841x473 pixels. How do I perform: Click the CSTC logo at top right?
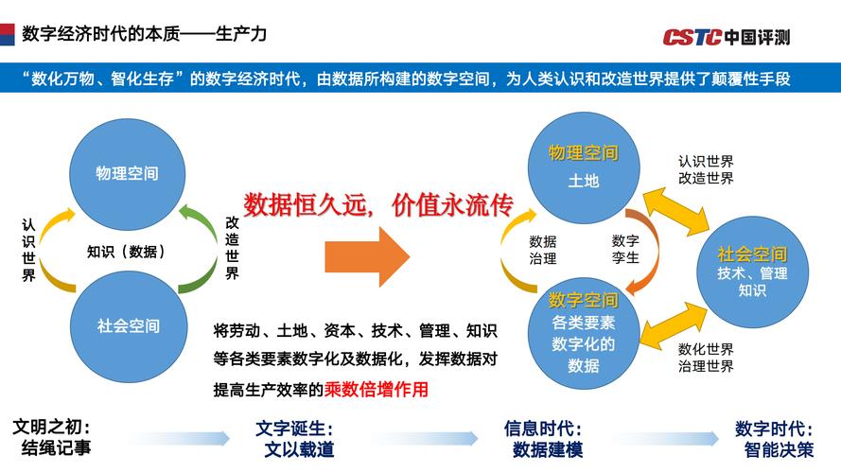[726, 37]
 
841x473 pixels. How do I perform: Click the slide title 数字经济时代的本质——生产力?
[144, 34]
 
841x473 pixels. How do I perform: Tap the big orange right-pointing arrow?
[367, 253]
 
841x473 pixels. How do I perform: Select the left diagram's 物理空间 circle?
[127, 173]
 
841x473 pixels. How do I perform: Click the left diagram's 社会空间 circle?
[128, 326]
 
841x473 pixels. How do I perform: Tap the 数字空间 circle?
[584, 332]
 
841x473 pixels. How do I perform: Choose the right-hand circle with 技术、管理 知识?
[752, 272]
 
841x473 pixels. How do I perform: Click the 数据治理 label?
[542, 250]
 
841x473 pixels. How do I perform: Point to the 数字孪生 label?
[625, 250]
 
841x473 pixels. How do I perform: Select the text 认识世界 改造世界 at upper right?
[706, 170]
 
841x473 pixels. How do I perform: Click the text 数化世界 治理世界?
[706, 357]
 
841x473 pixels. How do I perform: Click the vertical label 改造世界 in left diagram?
[233, 248]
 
